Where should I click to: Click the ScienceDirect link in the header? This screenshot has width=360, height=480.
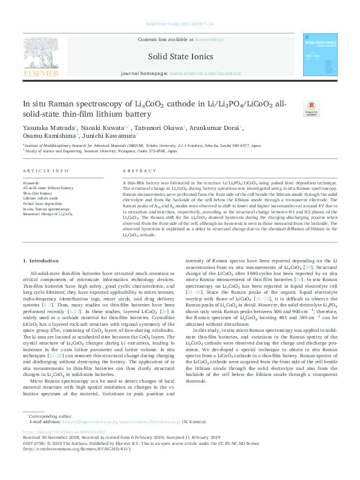[x=208, y=39]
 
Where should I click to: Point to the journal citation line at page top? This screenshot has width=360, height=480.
[x=180, y=25]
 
